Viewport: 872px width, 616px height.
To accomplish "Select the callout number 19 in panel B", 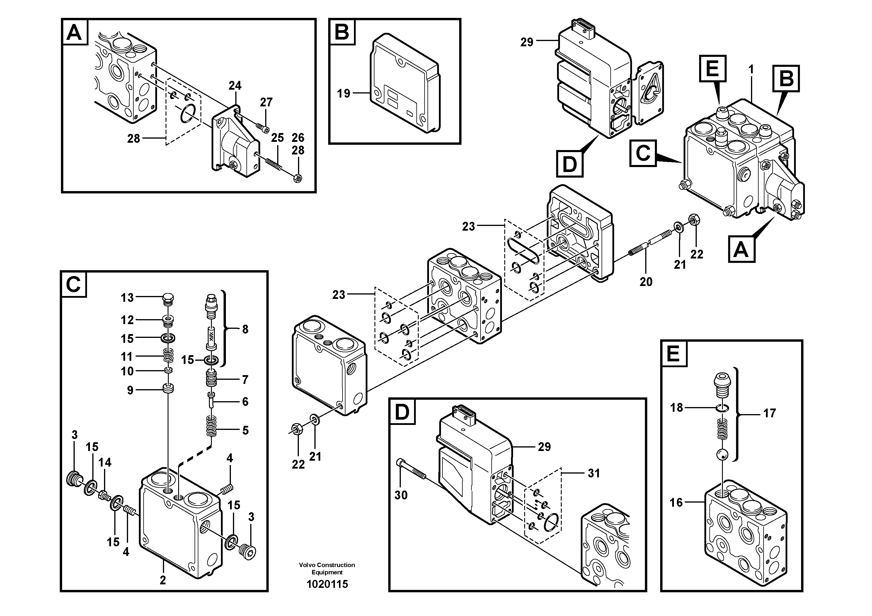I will (x=344, y=93).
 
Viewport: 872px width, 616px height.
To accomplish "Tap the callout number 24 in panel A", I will (x=235, y=86).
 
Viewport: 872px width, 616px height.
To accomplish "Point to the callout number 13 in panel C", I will (x=127, y=298).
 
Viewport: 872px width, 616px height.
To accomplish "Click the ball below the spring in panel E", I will (x=723, y=454).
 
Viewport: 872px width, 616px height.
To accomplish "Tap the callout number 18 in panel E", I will (x=676, y=408).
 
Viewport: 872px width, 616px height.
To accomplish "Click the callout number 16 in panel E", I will (x=676, y=503).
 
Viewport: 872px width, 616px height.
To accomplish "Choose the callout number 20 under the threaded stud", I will (x=646, y=282).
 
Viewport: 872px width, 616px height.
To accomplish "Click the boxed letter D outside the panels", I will (x=569, y=164).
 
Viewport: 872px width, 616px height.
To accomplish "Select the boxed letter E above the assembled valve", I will (x=713, y=69).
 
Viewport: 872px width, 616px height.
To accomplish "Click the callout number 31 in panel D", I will (x=594, y=473).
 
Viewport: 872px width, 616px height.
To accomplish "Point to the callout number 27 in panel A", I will (x=266, y=102).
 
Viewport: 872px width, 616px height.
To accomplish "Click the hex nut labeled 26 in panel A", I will (x=298, y=177).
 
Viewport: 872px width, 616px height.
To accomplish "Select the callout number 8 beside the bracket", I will (x=245, y=329).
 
